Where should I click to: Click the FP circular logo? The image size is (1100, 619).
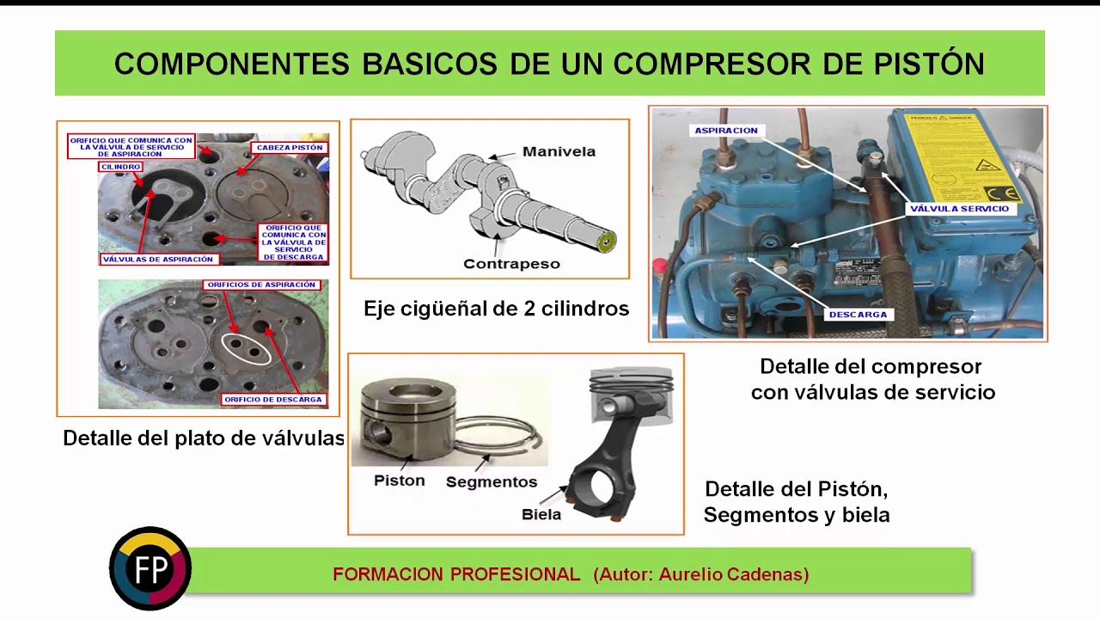tap(150, 569)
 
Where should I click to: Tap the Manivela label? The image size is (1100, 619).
tap(559, 152)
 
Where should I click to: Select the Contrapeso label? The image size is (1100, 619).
tap(511, 264)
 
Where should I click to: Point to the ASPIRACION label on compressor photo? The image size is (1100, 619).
tap(726, 131)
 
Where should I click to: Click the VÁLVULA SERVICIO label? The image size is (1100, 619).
tap(959, 208)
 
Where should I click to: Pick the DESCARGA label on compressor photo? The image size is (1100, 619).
tap(858, 315)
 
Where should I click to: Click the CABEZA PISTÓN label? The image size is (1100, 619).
tap(290, 148)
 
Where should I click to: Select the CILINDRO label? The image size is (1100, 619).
tap(120, 167)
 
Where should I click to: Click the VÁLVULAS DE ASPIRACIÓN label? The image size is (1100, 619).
tap(157, 259)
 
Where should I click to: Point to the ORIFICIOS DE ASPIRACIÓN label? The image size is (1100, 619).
tap(261, 285)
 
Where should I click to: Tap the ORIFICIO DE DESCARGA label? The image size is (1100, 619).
tap(273, 399)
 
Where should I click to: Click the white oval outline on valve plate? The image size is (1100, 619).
tap(246, 349)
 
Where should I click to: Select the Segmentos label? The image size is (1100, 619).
tap(491, 482)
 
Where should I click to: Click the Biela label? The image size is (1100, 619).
tap(541, 514)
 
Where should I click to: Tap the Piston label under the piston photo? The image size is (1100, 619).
tap(399, 481)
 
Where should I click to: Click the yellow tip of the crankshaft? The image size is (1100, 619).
tap(609, 241)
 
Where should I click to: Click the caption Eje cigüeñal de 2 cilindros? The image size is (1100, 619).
tap(496, 309)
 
